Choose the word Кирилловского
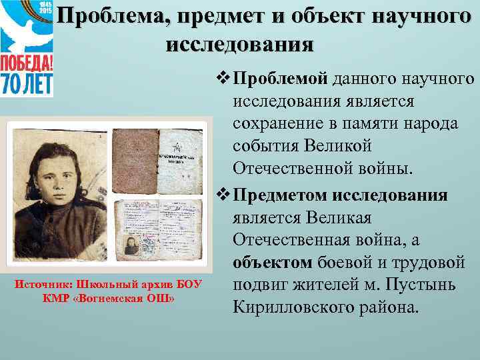(x=299, y=309)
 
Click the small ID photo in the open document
(x=129, y=243)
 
